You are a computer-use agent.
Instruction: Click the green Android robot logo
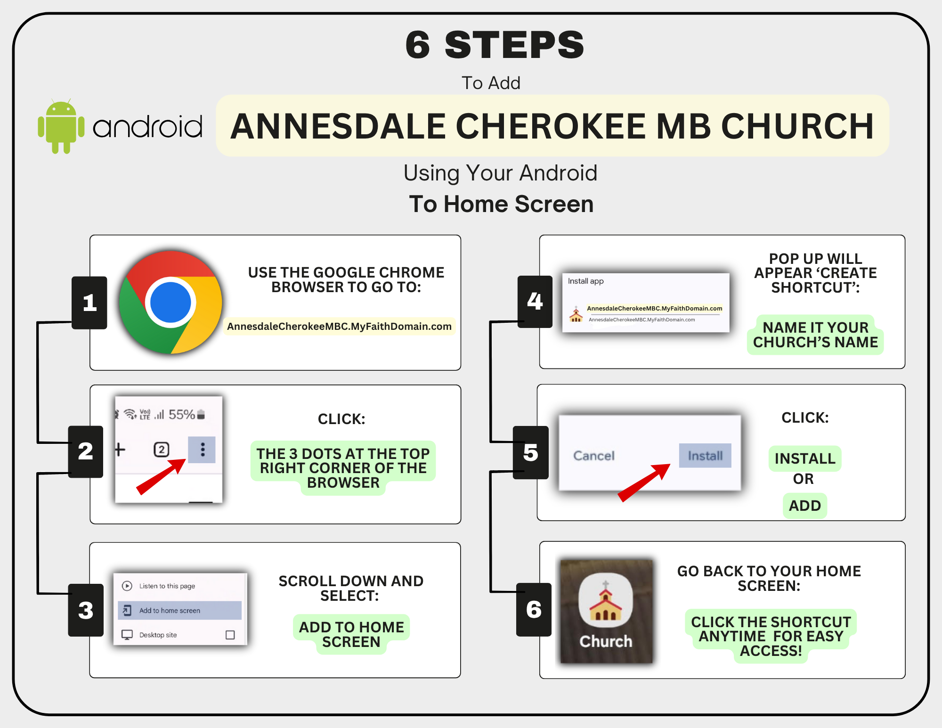61,126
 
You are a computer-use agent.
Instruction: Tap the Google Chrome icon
171,303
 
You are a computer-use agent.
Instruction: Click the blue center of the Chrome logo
171,303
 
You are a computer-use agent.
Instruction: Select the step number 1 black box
89,303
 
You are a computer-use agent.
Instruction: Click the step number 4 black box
535,302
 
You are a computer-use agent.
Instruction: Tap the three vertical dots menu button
203,450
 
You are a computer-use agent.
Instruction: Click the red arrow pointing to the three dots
161,476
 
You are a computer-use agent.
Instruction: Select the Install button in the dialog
705,456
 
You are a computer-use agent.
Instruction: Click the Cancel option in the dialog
594,456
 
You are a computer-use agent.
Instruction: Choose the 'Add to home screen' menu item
179,610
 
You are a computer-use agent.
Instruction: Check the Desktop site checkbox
230,635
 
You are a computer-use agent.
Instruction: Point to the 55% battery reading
182,415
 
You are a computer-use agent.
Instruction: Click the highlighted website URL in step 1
339,327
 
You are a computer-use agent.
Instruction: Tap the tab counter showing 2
162,450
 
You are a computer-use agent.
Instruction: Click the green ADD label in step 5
805,506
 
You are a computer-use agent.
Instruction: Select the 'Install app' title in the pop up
585,281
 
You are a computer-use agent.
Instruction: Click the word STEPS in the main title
514,45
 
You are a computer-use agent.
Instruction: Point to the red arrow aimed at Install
644,483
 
